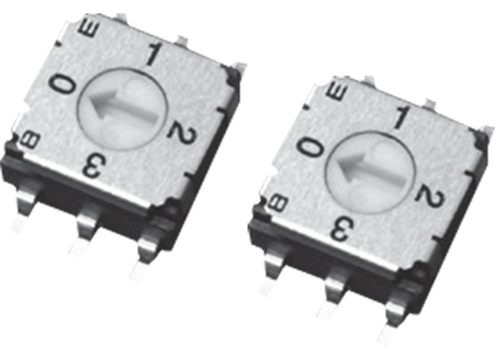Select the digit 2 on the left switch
tap(176, 129)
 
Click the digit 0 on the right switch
tap(310, 147)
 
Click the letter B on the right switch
tap(279, 201)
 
